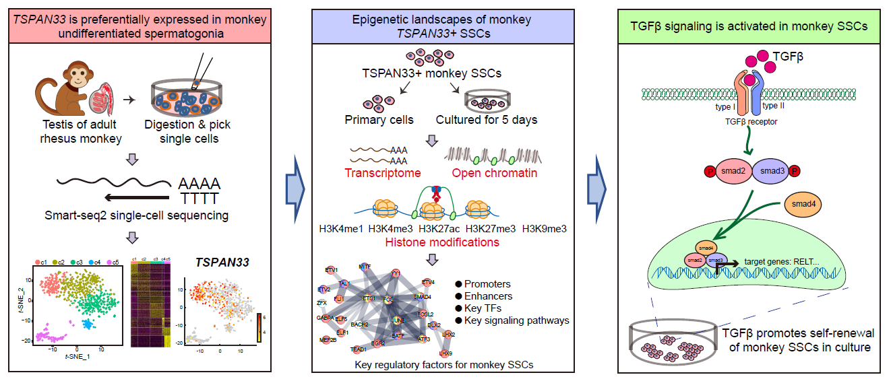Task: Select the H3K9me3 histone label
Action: pos(544,228)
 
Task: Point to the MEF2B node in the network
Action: pos(329,340)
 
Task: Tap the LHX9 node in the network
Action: pos(445,353)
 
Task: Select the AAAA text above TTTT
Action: pos(199,184)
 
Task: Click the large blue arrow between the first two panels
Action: pos(297,188)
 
